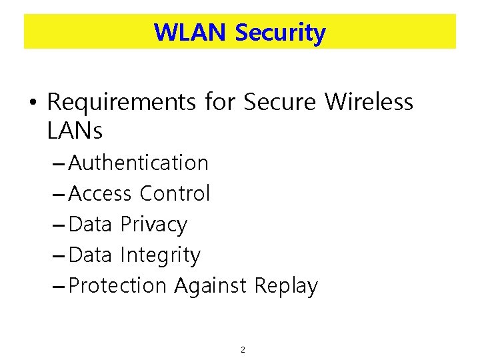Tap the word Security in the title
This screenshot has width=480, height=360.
280,32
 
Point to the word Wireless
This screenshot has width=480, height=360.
369,103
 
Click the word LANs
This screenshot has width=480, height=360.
75,131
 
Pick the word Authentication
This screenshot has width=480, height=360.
139,163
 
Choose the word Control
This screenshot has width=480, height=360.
175,193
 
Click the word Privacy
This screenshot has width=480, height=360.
153,225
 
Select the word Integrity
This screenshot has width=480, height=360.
160,255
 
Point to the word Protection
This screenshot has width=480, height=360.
117,286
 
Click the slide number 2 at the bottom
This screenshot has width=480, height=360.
243,349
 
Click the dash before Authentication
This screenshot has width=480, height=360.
59,163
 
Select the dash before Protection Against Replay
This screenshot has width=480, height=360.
59,287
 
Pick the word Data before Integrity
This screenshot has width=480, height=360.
90,255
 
